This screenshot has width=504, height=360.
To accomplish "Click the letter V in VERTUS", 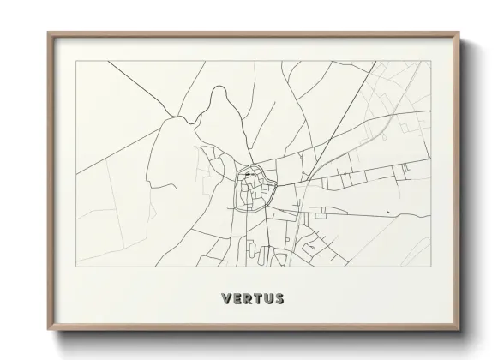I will tap(225, 299).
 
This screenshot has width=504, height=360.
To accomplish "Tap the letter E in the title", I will tap(237, 299).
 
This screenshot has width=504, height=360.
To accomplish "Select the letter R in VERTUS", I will tap(249, 299).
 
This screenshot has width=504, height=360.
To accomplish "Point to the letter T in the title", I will tap(259, 299).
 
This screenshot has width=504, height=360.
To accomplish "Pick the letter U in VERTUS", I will tap(270, 299).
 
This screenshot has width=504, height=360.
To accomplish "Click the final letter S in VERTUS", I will tap(281, 299).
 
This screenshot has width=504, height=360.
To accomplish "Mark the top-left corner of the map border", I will tap(75, 61).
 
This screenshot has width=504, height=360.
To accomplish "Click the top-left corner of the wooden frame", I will tap(47, 32).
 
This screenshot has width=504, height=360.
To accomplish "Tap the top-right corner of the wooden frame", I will tap(459, 32).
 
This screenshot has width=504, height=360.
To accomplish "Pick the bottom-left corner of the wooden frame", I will tap(47, 332).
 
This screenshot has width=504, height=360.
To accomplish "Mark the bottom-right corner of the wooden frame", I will tap(459, 332).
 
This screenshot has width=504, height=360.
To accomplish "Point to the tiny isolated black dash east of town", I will tap(388, 212).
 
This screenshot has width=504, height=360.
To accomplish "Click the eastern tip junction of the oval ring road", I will tap(272, 183).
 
